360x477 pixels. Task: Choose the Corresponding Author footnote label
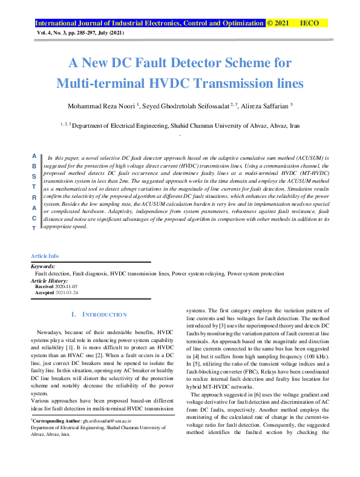[55, 419]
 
